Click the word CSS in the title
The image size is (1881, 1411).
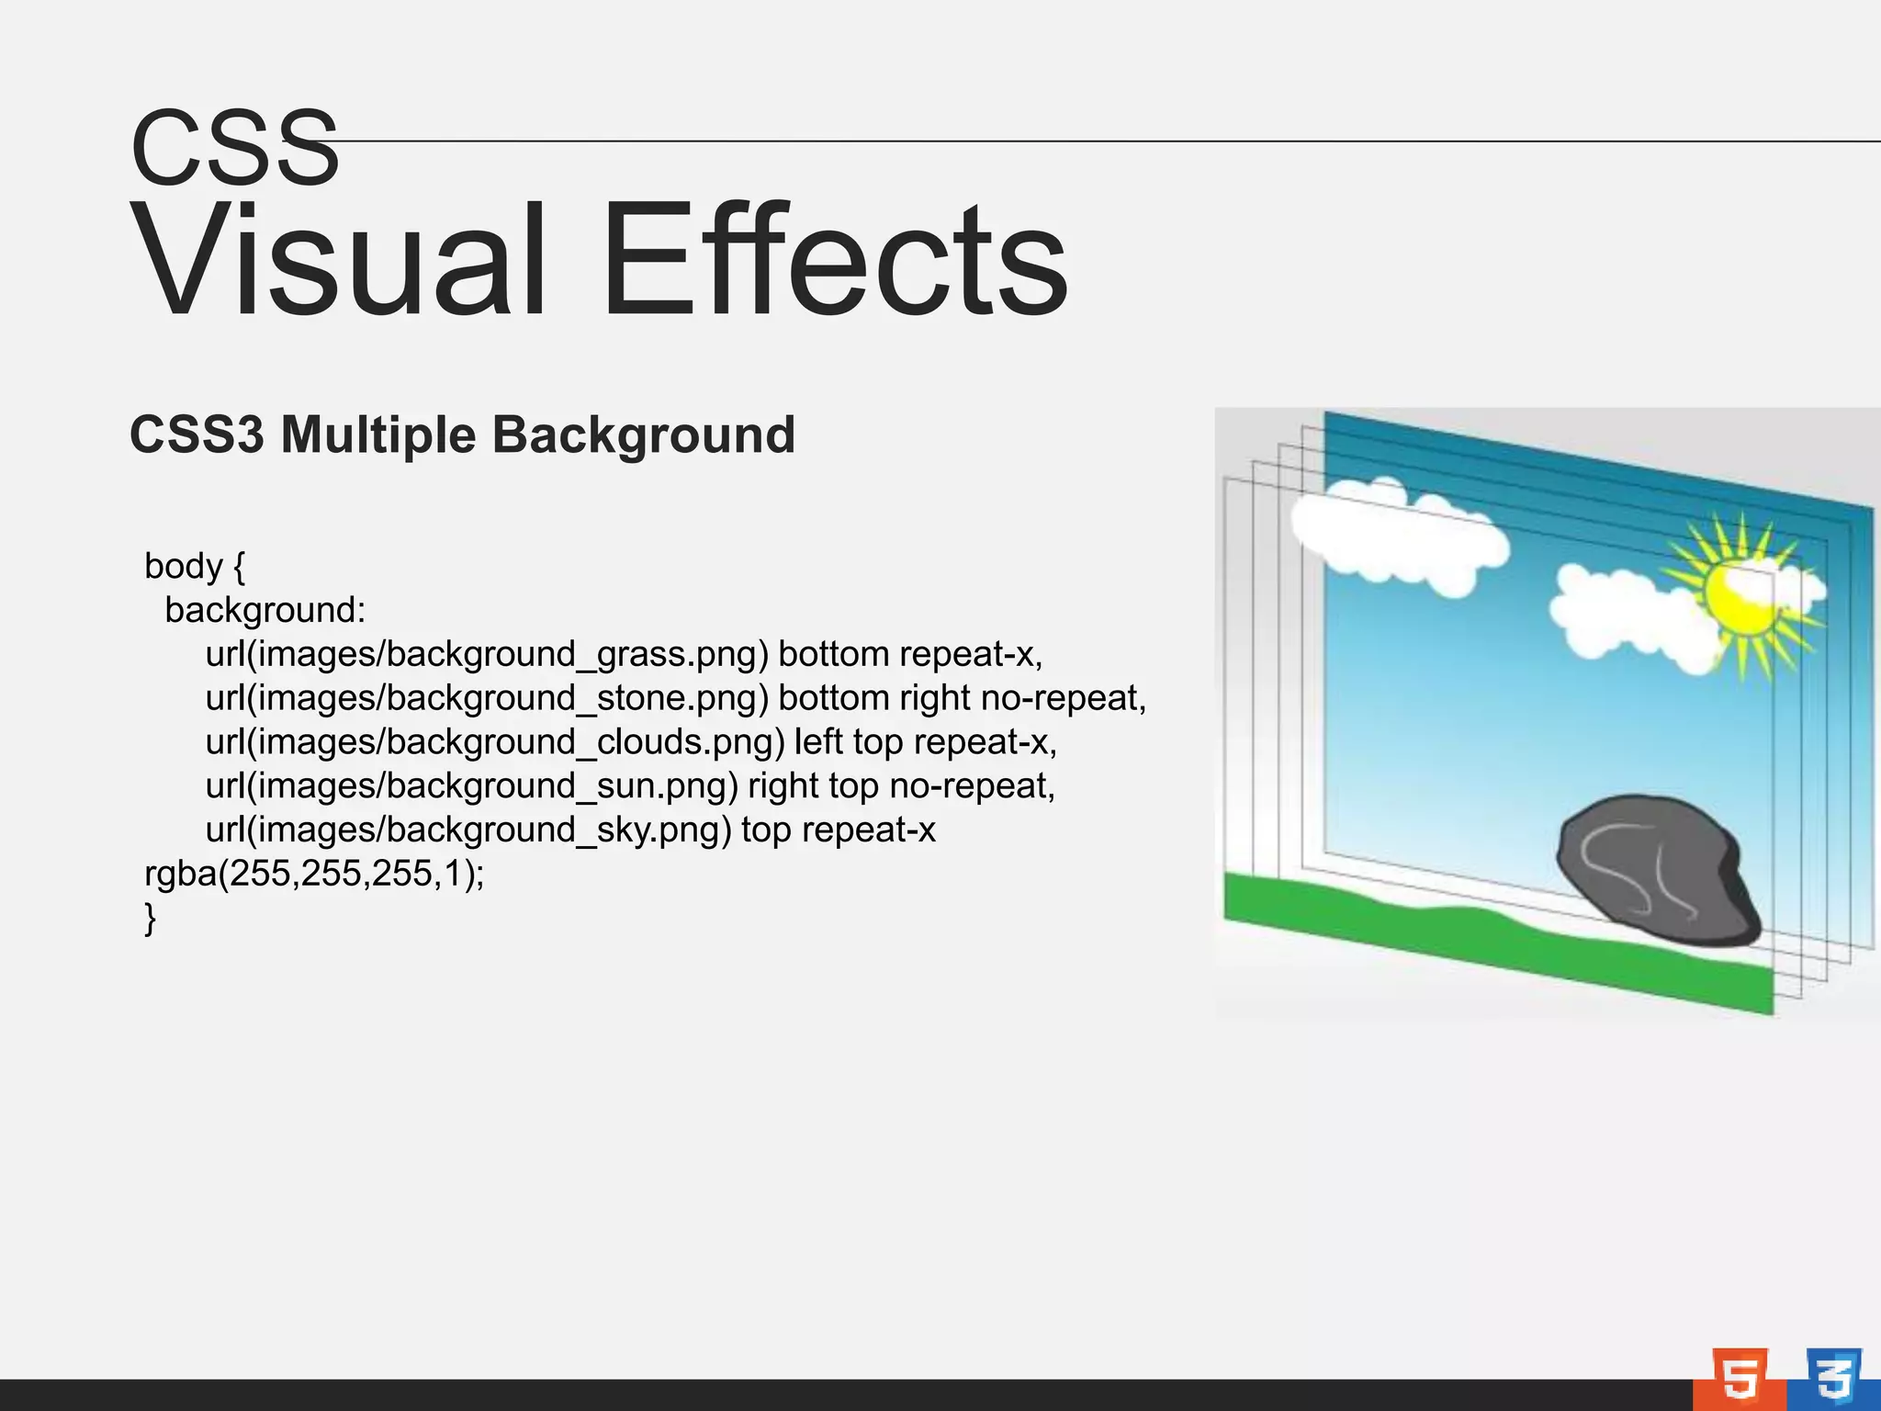[235, 148]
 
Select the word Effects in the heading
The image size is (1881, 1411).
[834, 261]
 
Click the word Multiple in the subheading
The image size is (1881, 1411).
[377, 435]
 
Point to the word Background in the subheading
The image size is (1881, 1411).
[644, 435]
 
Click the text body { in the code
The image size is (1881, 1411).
[195, 566]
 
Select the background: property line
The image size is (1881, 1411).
[265, 610]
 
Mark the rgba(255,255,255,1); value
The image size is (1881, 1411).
[314, 874]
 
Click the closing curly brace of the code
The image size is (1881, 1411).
[151, 918]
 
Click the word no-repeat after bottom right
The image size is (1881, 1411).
[1062, 698]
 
